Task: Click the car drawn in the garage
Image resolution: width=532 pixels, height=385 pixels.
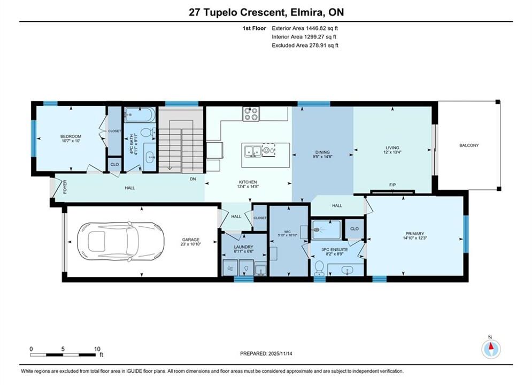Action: click(x=121, y=242)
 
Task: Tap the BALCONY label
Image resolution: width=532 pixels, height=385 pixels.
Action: click(x=469, y=145)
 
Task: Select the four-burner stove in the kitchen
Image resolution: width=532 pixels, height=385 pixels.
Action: click(x=251, y=114)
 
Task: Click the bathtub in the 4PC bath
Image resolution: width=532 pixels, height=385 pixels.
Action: click(x=140, y=114)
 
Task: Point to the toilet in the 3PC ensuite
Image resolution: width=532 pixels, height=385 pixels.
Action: click(x=319, y=268)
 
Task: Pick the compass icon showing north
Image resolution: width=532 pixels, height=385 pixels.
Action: click(x=491, y=348)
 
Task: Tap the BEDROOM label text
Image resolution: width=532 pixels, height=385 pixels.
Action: click(x=71, y=136)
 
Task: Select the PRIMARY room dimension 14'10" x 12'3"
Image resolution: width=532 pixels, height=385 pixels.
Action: click(x=414, y=238)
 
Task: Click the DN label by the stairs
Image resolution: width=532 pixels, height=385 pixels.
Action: click(x=192, y=179)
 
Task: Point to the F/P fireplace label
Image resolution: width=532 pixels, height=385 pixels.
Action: click(x=392, y=185)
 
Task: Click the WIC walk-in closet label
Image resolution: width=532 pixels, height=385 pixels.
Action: click(x=287, y=232)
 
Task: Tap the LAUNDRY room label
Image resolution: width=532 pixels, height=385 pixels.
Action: click(x=244, y=247)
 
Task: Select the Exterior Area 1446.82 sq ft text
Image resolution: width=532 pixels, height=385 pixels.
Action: click(x=305, y=28)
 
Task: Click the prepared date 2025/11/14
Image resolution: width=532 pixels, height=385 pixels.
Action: click(x=280, y=353)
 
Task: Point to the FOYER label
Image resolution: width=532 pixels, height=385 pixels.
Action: click(x=65, y=187)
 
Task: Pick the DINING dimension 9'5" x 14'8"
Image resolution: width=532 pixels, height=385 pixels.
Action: click(x=322, y=157)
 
